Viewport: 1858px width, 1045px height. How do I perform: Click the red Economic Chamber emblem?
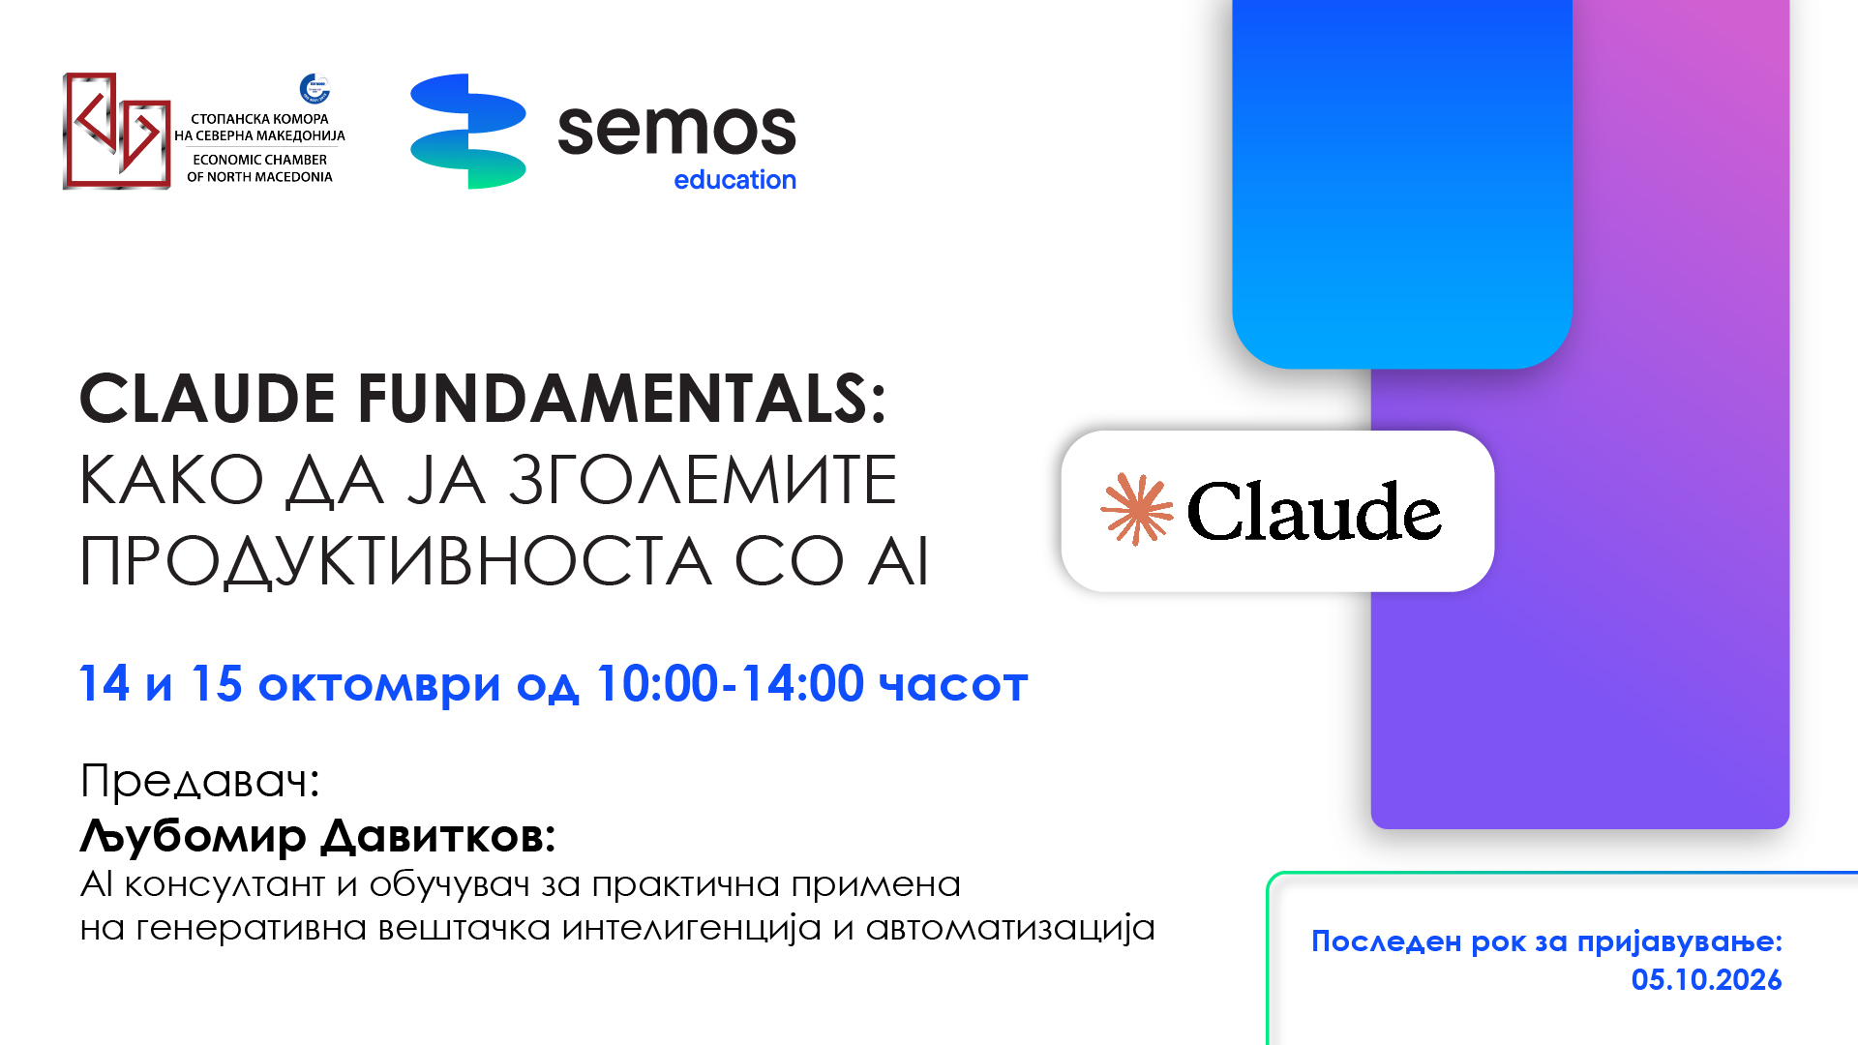117,131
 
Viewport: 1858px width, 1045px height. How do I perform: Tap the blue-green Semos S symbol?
468,131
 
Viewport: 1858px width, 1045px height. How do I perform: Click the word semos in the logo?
676,130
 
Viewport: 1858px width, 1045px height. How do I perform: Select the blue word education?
734,180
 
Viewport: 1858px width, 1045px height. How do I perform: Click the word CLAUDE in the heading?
208,398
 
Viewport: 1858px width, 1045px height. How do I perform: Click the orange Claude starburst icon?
1137,510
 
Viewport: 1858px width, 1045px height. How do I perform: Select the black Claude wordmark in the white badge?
1314,511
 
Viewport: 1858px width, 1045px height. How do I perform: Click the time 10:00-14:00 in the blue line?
730,684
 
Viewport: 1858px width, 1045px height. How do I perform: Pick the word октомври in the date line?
379,685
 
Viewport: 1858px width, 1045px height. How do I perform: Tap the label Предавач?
200,781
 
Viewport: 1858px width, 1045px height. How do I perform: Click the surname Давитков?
438,836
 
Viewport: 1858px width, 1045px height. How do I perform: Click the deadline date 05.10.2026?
1706,980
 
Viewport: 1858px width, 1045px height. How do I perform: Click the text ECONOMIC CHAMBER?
259,160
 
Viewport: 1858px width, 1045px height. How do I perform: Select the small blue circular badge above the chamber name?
315,88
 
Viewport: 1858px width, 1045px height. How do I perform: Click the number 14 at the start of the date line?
105,684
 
